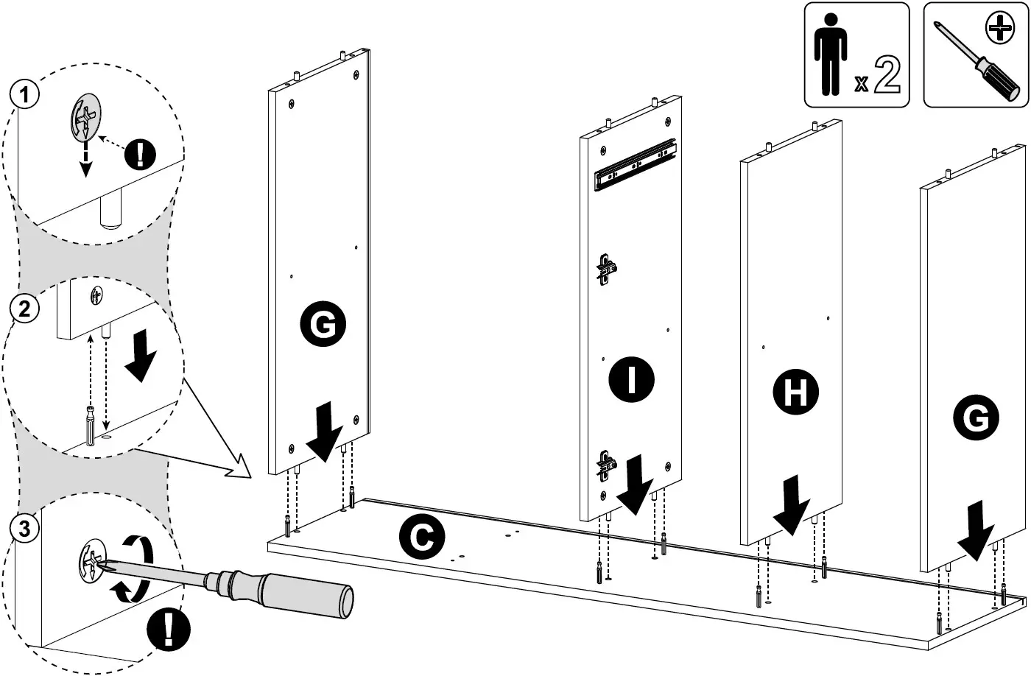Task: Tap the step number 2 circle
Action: coord(25,309)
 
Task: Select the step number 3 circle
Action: coord(25,527)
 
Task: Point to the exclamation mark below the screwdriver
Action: coord(169,630)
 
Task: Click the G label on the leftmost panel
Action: coord(323,324)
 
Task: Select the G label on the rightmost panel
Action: coord(976,418)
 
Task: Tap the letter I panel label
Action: coord(631,380)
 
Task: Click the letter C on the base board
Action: coord(421,538)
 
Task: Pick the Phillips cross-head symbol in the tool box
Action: coord(1000,30)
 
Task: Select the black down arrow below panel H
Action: coord(791,505)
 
